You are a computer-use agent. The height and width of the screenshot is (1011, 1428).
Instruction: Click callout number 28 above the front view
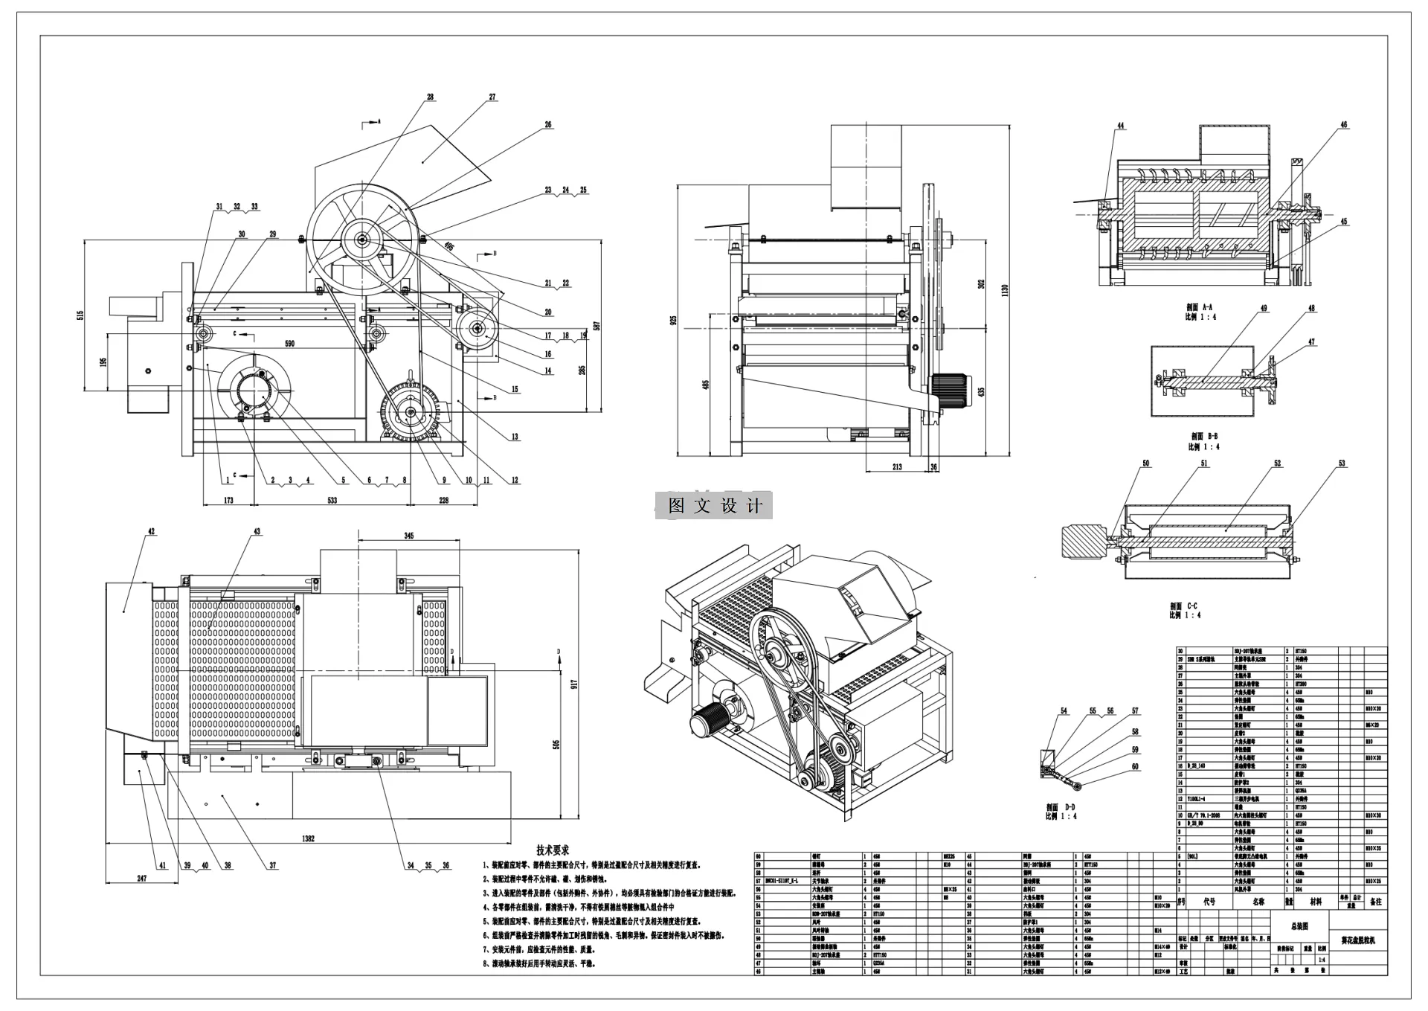point(430,97)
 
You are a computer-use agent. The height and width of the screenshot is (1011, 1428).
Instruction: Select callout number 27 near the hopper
point(492,97)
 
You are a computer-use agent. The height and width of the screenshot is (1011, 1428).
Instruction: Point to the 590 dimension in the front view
point(290,343)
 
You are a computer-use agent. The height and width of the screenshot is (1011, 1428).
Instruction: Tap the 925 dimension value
point(673,321)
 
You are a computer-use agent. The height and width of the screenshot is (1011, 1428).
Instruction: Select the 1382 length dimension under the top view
point(308,838)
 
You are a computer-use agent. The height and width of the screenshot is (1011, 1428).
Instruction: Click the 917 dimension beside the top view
point(574,684)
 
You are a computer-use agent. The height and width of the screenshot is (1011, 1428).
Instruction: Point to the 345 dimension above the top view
point(409,535)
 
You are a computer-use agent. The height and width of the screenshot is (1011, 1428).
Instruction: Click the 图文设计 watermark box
point(714,506)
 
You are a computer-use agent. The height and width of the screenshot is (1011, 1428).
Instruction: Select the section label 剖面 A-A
point(1200,306)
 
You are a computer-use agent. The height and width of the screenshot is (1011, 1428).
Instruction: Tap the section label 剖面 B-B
point(1204,437)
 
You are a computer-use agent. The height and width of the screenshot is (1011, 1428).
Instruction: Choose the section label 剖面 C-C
point(1183,606)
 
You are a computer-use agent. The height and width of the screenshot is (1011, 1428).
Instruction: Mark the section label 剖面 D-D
point(1061,807)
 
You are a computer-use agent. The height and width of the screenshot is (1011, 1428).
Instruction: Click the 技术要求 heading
point(553,850)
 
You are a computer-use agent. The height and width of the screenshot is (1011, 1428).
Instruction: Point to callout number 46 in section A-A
point(1344,125)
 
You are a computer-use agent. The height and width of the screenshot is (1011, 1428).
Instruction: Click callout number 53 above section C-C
point(1342,463)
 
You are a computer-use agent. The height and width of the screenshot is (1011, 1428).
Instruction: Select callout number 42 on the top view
point(152,532)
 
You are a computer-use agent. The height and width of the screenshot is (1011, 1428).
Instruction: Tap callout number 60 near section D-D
point(1135,766)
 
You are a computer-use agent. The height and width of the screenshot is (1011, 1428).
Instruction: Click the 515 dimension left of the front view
point(80,315)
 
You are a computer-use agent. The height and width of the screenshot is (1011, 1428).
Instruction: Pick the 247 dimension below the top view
point(142,878)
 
